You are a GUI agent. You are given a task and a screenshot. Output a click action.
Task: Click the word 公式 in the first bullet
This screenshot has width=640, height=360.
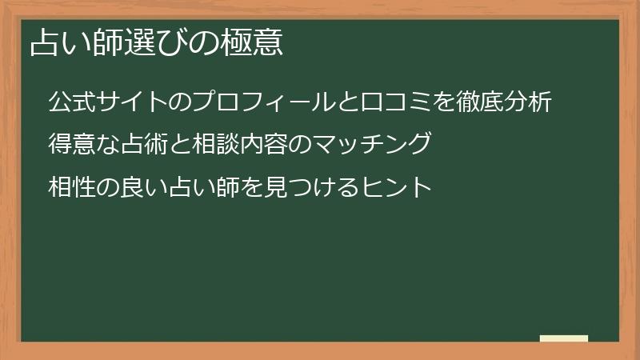(70, 102)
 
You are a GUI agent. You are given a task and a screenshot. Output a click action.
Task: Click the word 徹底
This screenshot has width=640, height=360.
(482, 102)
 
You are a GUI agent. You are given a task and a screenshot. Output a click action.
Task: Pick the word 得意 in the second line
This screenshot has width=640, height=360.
(70, 145)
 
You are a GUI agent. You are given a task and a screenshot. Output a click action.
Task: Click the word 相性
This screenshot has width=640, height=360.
(70, 188)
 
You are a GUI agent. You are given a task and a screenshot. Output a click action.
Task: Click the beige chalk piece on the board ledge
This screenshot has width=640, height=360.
(564, 338)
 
